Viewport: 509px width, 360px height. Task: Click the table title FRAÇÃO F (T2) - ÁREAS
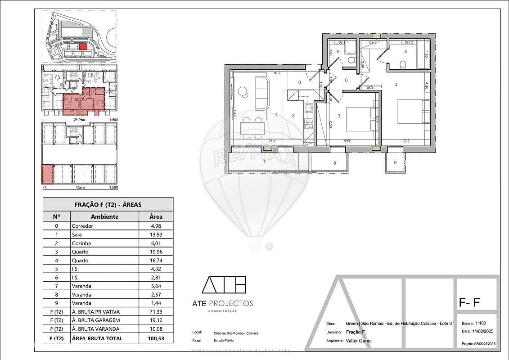pyautogui.click(x=108, y=205)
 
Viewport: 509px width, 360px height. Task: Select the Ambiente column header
pyautogui.click(x=104, y=216)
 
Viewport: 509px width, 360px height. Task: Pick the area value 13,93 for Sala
pyautogui.click(x=156, y=234)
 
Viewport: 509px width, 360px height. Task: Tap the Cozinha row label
pyautogui.click(x=81, y=243)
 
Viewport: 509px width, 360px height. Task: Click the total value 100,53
pyautogui.click(x=156, y=338)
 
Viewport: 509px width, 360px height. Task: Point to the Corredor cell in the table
pyautogui.click(x=82, y=226)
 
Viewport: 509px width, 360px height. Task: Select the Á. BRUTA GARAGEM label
pyautogui.click(x=95, y=320)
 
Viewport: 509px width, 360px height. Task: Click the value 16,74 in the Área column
pyautogui.click(x=156, y=261)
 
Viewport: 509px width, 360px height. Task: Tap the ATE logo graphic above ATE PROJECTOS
pyautogui.click(x=224, y=285)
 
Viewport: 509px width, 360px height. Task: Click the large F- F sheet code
pyautogui.click(x=469, y=303)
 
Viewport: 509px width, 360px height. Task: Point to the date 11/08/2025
pyautogui.click(x=483, y=331)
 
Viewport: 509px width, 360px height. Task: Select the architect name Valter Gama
pyautogui.click(x=359, y=341)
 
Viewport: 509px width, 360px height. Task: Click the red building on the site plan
pyautogui.click(x=82, y=46)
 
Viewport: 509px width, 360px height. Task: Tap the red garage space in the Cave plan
pyautogui.click(x=48, y=174)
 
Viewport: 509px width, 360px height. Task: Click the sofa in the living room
pyautogui.click(x=261, y=92)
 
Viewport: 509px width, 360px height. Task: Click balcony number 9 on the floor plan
pyautogui.click(x=395, y=162)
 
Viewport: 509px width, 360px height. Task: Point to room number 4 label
pyautogui.click(x=396, y=85)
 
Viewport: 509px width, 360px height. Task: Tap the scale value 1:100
pyautogui.click(x=480, y=323)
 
